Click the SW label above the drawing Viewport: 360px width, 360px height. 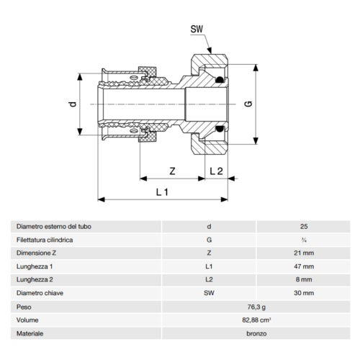tap(197, 30)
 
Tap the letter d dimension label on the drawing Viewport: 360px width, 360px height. tap(72, 104)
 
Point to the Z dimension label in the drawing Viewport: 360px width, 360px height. tap(171, 171)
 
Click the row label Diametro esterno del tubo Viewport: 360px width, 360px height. tap(53, 226)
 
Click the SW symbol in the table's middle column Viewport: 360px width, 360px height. tap(208, 292)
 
